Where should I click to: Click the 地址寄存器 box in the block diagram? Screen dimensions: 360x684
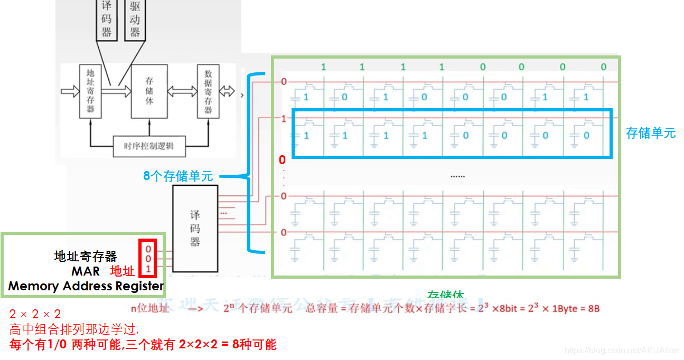90,91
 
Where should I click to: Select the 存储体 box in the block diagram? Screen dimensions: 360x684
149,91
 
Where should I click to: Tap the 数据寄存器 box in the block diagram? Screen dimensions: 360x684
208,91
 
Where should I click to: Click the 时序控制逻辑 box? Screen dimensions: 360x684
151,146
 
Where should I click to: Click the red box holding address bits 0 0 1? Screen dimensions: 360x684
148,259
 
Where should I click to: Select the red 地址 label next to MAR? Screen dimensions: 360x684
123,271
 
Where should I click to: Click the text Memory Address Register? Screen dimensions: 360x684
86,287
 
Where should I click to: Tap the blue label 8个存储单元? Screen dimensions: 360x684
178,176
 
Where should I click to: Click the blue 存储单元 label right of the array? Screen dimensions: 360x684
650,133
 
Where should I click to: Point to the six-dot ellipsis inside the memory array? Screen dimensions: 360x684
457,176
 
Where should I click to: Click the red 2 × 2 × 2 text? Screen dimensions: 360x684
35,315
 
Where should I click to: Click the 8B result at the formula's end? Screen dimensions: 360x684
593,309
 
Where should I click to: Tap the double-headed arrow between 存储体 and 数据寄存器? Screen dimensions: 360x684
182,91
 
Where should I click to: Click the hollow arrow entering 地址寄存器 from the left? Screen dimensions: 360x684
69,91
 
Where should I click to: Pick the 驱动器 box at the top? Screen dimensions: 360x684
135,20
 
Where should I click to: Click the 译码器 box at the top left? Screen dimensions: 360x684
107,20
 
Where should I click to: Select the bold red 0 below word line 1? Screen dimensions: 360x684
282,159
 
